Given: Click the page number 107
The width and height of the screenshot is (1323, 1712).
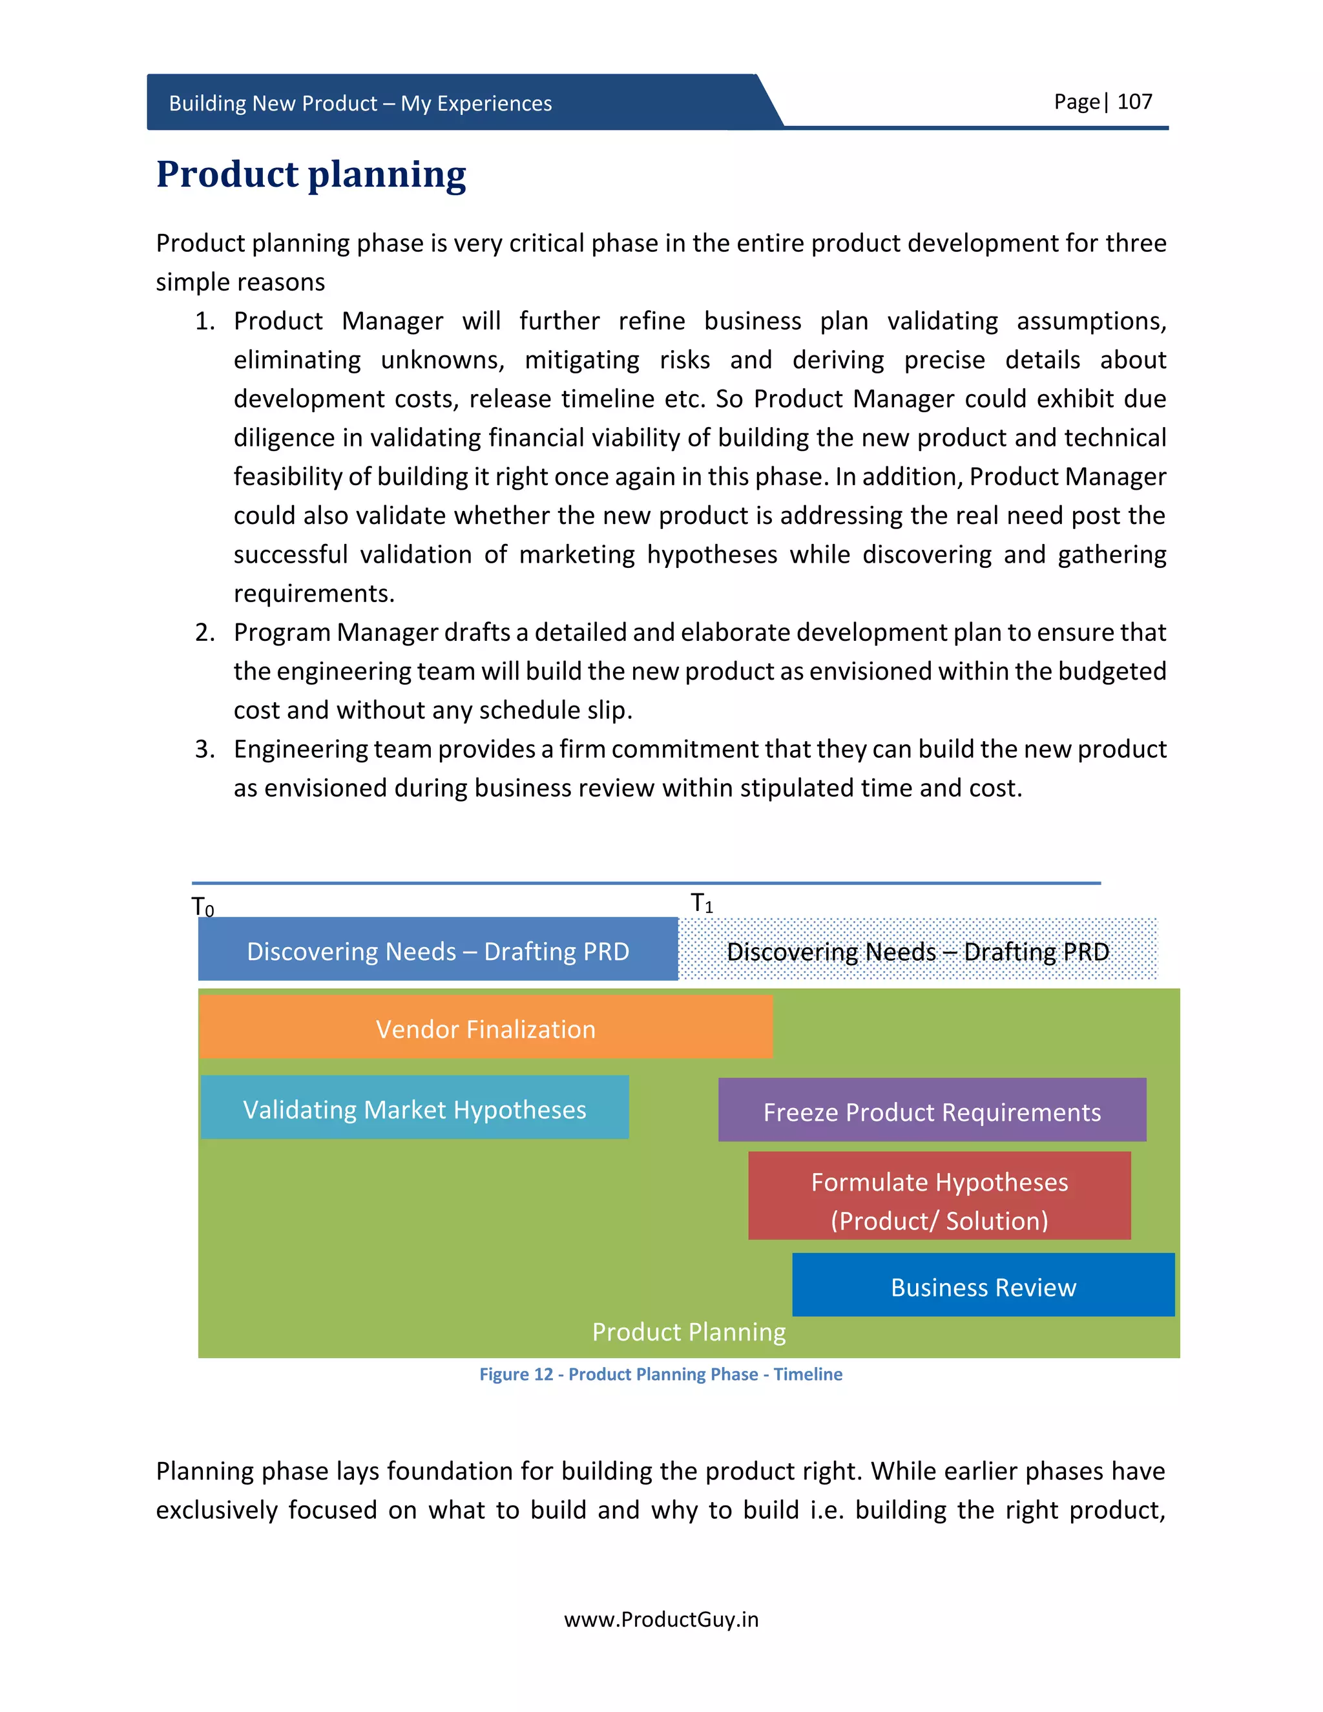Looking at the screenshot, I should click(x=1134, y=102).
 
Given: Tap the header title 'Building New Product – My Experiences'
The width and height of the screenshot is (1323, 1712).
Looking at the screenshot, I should click(x=360, y=103).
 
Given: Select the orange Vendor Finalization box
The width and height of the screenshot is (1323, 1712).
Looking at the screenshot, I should click(x=485, y=1028).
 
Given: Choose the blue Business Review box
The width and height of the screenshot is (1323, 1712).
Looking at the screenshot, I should click(x=983, y=1287).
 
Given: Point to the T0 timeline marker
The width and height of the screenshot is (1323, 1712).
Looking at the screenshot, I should click(x=202, y=907).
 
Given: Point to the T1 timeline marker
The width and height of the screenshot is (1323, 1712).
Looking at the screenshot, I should click(x=702, y=903).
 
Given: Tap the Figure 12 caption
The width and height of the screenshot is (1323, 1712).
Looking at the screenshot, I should click(x=661, y=1374).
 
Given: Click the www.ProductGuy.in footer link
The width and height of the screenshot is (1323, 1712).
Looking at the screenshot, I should click(x=661, y=1619).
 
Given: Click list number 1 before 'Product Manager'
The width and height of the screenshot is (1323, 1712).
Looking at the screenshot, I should click(x=205, y=321).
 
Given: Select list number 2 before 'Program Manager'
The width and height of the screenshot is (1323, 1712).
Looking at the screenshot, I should click(x=205, y=632).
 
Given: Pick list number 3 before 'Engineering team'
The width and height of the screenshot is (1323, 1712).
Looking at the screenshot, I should click(x=205, y=749).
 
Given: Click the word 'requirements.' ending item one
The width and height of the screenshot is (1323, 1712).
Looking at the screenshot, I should click(x=313, y=594).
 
